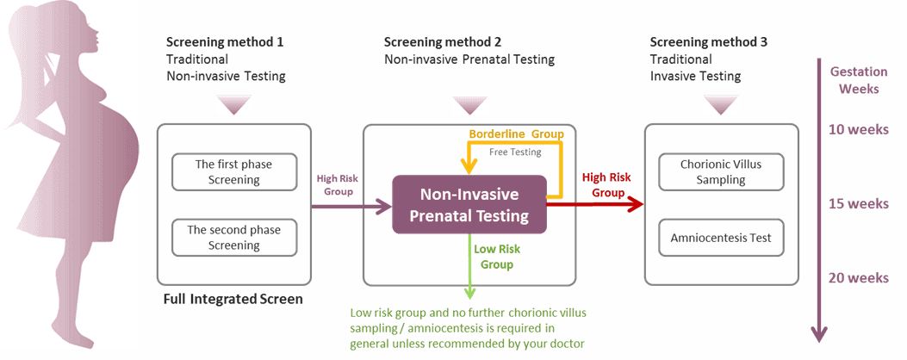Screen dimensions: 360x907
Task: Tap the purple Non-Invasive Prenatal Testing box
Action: [469, 204]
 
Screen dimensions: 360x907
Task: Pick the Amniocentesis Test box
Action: [721, 238]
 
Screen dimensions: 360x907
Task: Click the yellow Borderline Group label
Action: [516, 134]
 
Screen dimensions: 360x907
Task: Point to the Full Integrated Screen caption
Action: [233, 300]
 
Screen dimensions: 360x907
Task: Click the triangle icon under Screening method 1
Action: [233, 105]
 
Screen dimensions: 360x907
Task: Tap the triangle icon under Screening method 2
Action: [470, 105]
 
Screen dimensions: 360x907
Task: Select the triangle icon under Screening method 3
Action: [721, 105]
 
